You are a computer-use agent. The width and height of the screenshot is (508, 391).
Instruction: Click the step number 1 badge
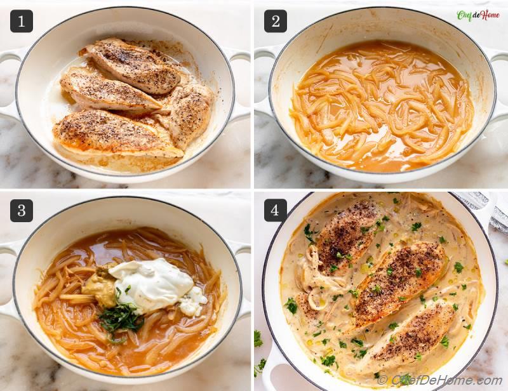[x=21, y=21]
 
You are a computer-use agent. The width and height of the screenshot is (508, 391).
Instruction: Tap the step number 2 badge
[x=275, y=21]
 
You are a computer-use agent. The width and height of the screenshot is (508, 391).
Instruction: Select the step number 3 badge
[x=21, y=210]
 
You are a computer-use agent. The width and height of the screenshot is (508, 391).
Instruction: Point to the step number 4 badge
[x=275, y=210]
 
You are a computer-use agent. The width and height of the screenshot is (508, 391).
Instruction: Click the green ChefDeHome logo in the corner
[x=478, y=15]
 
